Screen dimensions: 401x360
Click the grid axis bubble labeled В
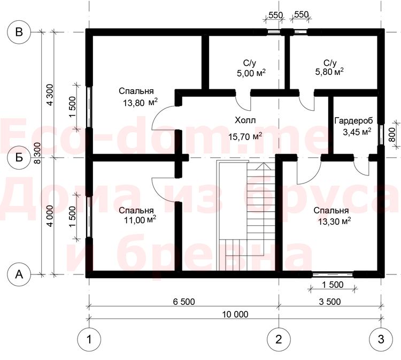(19, 32)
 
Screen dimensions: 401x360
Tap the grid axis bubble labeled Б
(19, 158)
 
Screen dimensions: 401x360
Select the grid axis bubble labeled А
(19, 274)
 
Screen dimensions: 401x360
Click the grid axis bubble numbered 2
(279, 339)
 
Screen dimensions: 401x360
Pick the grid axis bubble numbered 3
(381, 339)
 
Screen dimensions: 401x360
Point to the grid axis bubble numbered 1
(89, 339)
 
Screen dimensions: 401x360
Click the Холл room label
(245, 120)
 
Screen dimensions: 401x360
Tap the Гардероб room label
(354, 120)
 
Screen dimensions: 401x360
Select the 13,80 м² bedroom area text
(140, 103)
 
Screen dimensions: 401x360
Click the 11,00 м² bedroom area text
(140, 219)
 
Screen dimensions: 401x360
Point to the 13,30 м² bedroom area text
(334, 221)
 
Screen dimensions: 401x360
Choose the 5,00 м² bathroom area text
(251, 73)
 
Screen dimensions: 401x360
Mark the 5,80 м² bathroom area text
(329, 72)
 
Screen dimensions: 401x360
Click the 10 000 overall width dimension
(235, 314)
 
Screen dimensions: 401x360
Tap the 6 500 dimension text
(184, 302)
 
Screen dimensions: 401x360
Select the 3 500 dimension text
(330, 302)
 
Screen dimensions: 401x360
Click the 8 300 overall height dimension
(37, 154)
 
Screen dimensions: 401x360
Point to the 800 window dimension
(391, 135)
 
